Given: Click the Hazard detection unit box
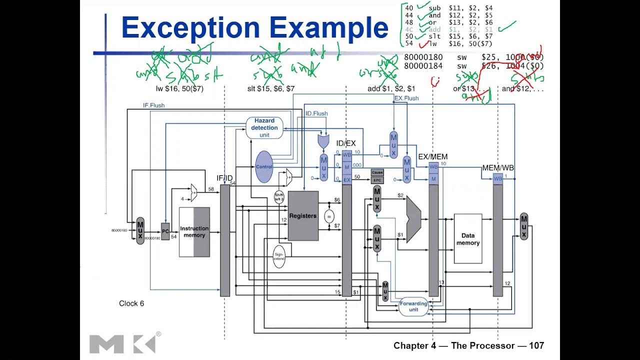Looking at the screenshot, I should click(x=264, y=127).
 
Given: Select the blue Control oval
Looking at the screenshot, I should click(x=263, y=166).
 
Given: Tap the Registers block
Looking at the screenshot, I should click(x=303, y=215).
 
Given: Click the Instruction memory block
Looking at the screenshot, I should click(x=194, y=232).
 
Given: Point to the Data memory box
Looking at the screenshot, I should click(x=467, y=238).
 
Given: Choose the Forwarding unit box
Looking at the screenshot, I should click(x=413, y=306).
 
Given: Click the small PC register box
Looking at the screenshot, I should click(x=165, y=231).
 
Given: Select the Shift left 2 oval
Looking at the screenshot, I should click(x=279, y=196).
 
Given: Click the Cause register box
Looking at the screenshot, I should click(x=377, y=172).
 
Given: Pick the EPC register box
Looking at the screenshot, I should click(x=377, y=180).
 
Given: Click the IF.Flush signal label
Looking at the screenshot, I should click(x=153, y=105).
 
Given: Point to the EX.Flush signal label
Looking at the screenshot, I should click(x=406, y=98).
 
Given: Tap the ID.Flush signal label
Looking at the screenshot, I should click(x=316, y=113).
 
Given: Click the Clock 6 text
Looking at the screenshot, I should click(x=131, y=303).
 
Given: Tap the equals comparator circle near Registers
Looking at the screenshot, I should click(x=328, y=216).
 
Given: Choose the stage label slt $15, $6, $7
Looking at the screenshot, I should click(x=271, y=88).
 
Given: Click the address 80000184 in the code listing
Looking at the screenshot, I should click(x=423, y=65).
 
